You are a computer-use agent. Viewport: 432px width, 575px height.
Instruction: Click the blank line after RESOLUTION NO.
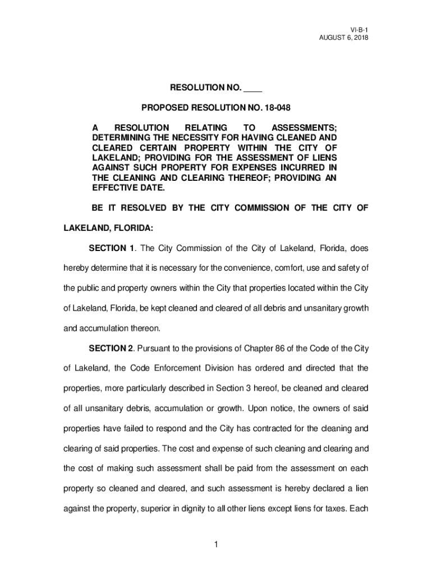[x=254, y=88]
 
